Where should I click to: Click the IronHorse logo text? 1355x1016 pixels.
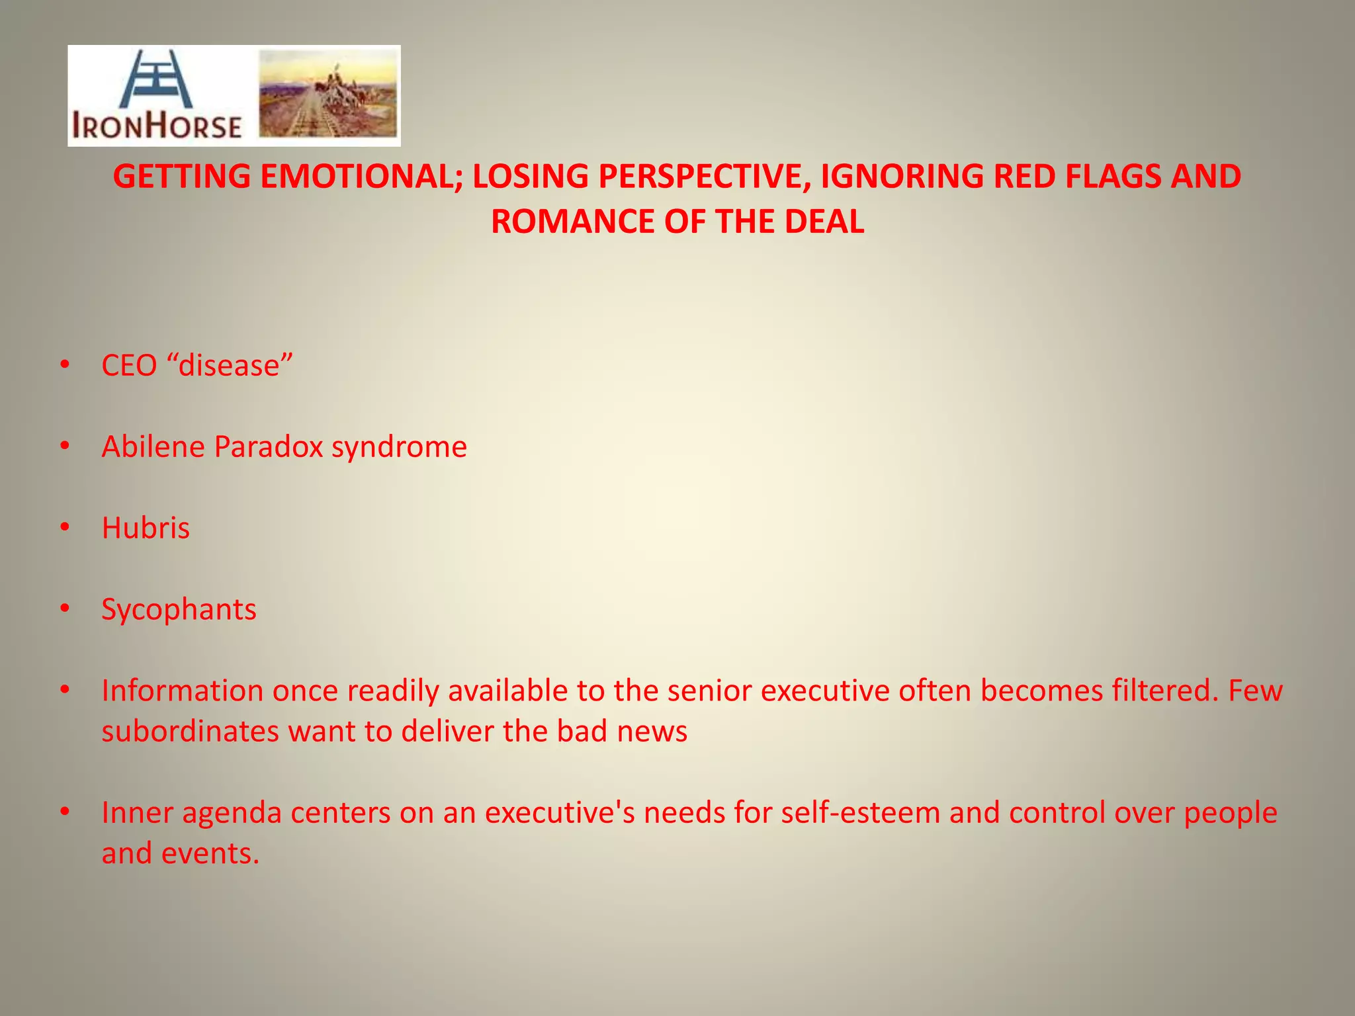(157, 126)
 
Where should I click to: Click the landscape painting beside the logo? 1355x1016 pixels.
(328, 95)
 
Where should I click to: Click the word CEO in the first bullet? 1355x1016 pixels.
(129, 366)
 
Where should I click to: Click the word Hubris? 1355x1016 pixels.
(146, 529)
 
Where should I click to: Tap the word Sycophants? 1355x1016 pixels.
(179, 610)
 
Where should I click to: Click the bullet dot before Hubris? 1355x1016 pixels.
(64, 527)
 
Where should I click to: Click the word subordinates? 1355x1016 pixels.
(190, 732)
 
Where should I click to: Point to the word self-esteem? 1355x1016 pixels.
(860, 813)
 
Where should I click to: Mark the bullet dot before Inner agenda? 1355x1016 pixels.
(64, 812)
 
